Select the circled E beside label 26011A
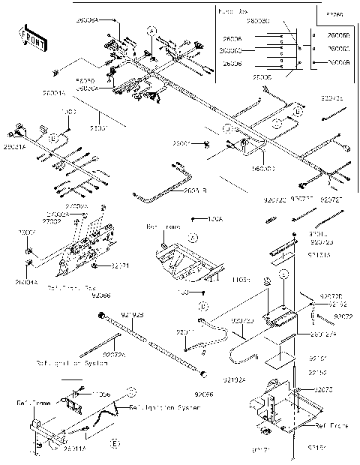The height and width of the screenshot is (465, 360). coord(114,444)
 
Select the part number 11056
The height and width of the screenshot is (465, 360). coord(101,394)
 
